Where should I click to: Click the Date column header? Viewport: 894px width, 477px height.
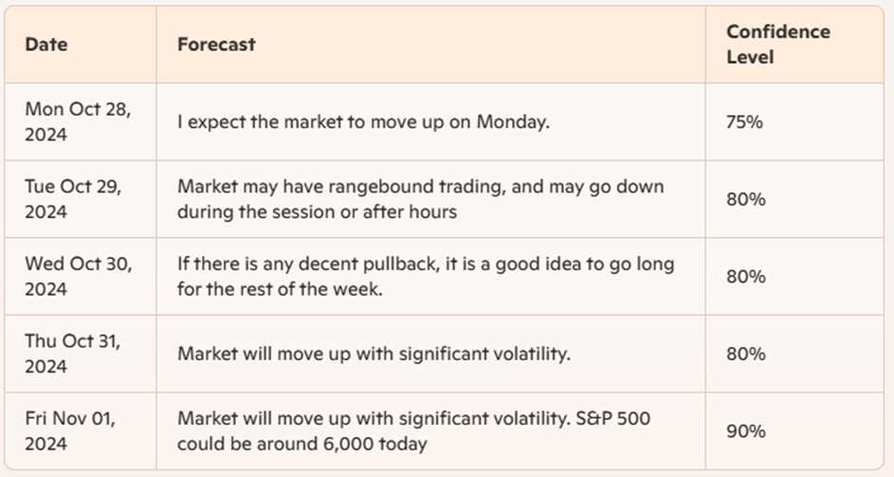[46, 45]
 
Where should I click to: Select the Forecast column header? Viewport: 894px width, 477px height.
[216, 45]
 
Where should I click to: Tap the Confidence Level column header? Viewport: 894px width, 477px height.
[778, 45]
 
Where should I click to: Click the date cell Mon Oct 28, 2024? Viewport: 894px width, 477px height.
[78, 121]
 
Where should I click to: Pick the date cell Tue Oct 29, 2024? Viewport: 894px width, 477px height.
[73, 199]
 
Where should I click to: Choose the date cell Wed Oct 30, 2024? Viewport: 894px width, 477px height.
[79, 276]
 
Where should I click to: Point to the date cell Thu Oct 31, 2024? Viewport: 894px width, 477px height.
[72, 354]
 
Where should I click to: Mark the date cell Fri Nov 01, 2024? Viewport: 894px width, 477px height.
[70, 431]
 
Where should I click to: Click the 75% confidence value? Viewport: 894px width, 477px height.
[744, 122]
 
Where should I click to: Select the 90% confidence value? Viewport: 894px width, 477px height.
[746, 431]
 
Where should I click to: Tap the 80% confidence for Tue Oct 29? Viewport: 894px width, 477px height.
[746, 199]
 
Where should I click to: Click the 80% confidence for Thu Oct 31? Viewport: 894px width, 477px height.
[746, 354]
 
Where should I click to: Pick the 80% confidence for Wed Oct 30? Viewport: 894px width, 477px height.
[746, 277]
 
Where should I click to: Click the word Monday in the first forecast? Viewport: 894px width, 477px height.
[513, 122]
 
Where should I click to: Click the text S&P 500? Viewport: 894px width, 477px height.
[613, 418]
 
